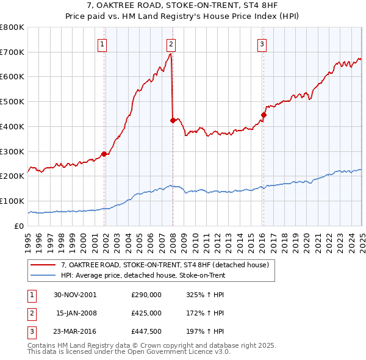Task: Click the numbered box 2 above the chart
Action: point(171,43)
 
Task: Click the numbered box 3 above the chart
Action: point(262,43)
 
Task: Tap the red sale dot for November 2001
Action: point(104,154)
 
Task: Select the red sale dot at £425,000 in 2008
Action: point(173,120)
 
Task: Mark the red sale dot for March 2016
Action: point(264,115)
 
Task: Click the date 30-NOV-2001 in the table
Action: point(75,295)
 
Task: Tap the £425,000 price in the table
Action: point(146,313)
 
